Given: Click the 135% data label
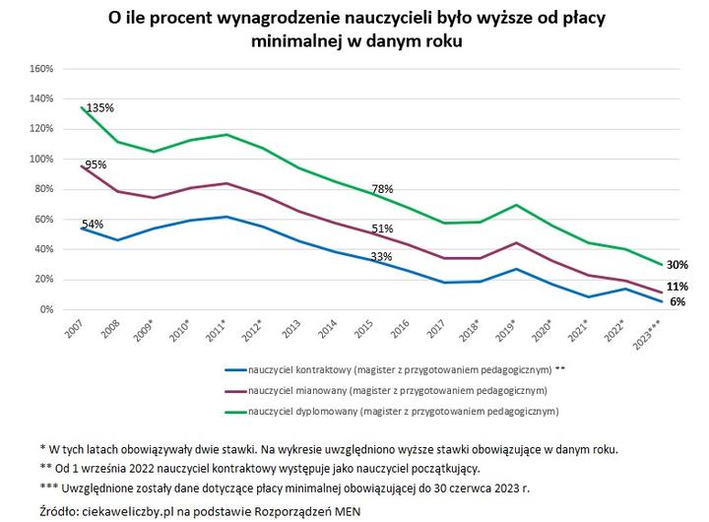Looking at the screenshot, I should tap(100, 108).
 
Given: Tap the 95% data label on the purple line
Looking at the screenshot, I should tap(96, 165).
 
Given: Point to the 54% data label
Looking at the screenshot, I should tap(93, 225).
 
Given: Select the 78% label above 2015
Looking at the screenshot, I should tap(382, 189).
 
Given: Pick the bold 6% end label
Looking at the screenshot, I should tap(677, 302).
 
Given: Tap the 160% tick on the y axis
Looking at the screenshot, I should tap(40, 69).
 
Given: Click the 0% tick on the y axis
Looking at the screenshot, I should tap(45, 309).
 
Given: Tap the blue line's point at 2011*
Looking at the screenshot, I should tap(228, 217).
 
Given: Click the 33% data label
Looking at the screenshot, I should tap(381, 257).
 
